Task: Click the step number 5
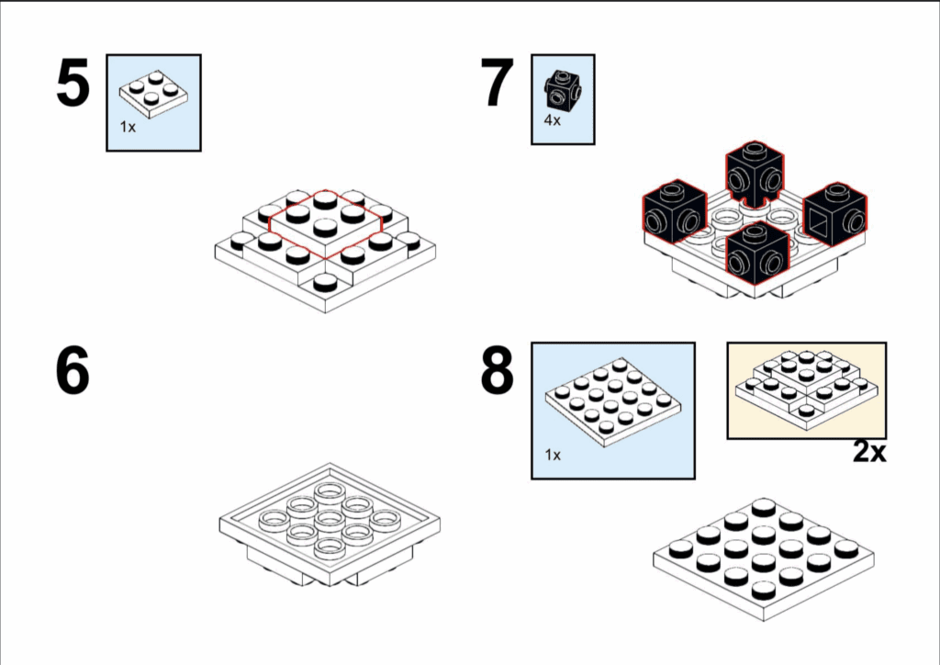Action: pyautogui.click(x=73, y=83)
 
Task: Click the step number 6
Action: pyautogui.click(x=73, y=370)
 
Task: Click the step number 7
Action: pyautogui.click(x=498, y=83)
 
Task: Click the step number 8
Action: pyautogui.click(x=498, y=370)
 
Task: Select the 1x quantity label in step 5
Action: pyautogui.click(x=128, y=127)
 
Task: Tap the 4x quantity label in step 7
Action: pyautogui.click(x=552, y=120)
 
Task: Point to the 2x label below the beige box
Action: pyautogui.click(x=869, y=452)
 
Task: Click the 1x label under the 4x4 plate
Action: pyautogui.click(x=553, y=455)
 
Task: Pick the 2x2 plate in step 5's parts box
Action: pyautogui.click(x=154, y=94)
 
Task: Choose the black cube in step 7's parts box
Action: pyautogui.click(x=563, y=90)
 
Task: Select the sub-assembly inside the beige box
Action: pyautogui.click(x=807, y=389)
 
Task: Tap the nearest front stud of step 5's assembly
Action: pyautogui.click(x=325, y=282)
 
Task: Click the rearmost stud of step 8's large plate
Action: pyautogui.click(x=764, y=507)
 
